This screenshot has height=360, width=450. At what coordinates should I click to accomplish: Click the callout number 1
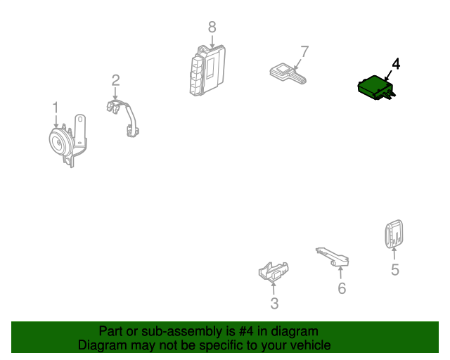(x=56, y=108)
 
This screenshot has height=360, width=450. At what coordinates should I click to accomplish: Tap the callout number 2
(x=115, y=80)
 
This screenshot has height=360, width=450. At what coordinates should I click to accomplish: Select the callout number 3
(x=274, y=304)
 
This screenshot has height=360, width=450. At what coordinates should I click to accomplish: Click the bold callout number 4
(x=396, y=64)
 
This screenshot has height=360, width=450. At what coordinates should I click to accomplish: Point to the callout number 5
(x=395, y=269)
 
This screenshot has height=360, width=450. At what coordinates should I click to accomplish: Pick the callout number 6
(x=342, y=288)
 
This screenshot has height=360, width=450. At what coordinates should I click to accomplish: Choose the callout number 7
(x=304, y=51)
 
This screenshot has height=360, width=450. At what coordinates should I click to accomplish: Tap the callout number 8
(x=212, y=27)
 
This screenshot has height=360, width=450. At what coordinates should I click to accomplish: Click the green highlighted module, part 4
(x=377, y=88)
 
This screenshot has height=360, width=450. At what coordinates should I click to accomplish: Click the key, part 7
(x=288, y=74)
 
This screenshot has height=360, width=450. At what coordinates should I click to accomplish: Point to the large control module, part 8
(x=207, y=70)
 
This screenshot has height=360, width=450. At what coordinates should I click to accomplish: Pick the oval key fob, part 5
(x=394, y=233)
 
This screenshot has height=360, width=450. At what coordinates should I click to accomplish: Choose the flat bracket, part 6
(x=333, y=257)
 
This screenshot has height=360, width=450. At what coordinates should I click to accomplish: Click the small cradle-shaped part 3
(x=274, y=272)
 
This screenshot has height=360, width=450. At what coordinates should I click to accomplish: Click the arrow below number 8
(x=212, y=41)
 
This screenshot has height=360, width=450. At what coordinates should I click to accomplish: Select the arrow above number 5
(x=394, y=254)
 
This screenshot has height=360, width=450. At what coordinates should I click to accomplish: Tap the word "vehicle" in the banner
(x=311, y=345)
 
